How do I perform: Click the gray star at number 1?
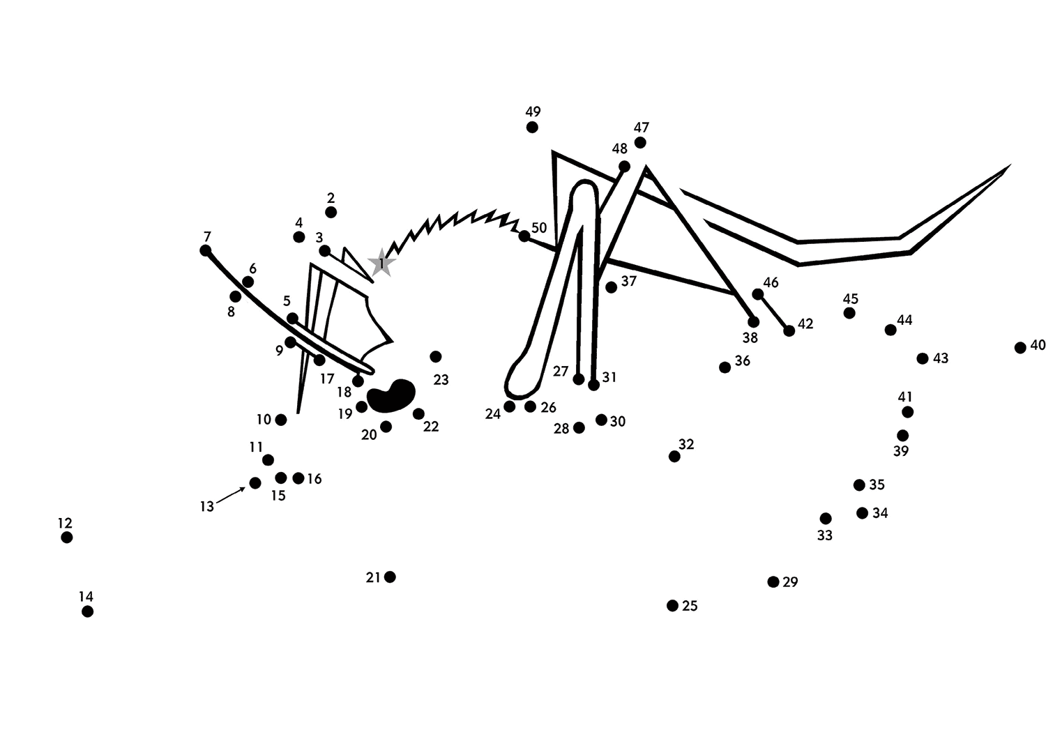381,264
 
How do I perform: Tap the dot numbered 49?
532,127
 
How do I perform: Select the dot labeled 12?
67,538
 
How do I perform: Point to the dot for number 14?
87,611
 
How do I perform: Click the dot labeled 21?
390,577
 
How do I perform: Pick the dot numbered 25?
672,605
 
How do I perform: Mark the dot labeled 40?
1020,347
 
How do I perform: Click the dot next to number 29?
773,581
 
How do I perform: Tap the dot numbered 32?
674,457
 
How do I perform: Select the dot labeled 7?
206,251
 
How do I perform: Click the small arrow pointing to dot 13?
231,496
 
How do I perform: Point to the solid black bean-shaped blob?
391,396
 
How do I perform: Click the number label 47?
641,128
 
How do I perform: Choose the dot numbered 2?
331,213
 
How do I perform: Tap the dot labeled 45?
849,313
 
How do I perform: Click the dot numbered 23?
436,357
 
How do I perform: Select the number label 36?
743,360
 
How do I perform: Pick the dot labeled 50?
524,236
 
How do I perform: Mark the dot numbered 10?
280,420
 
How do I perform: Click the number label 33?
825,535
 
